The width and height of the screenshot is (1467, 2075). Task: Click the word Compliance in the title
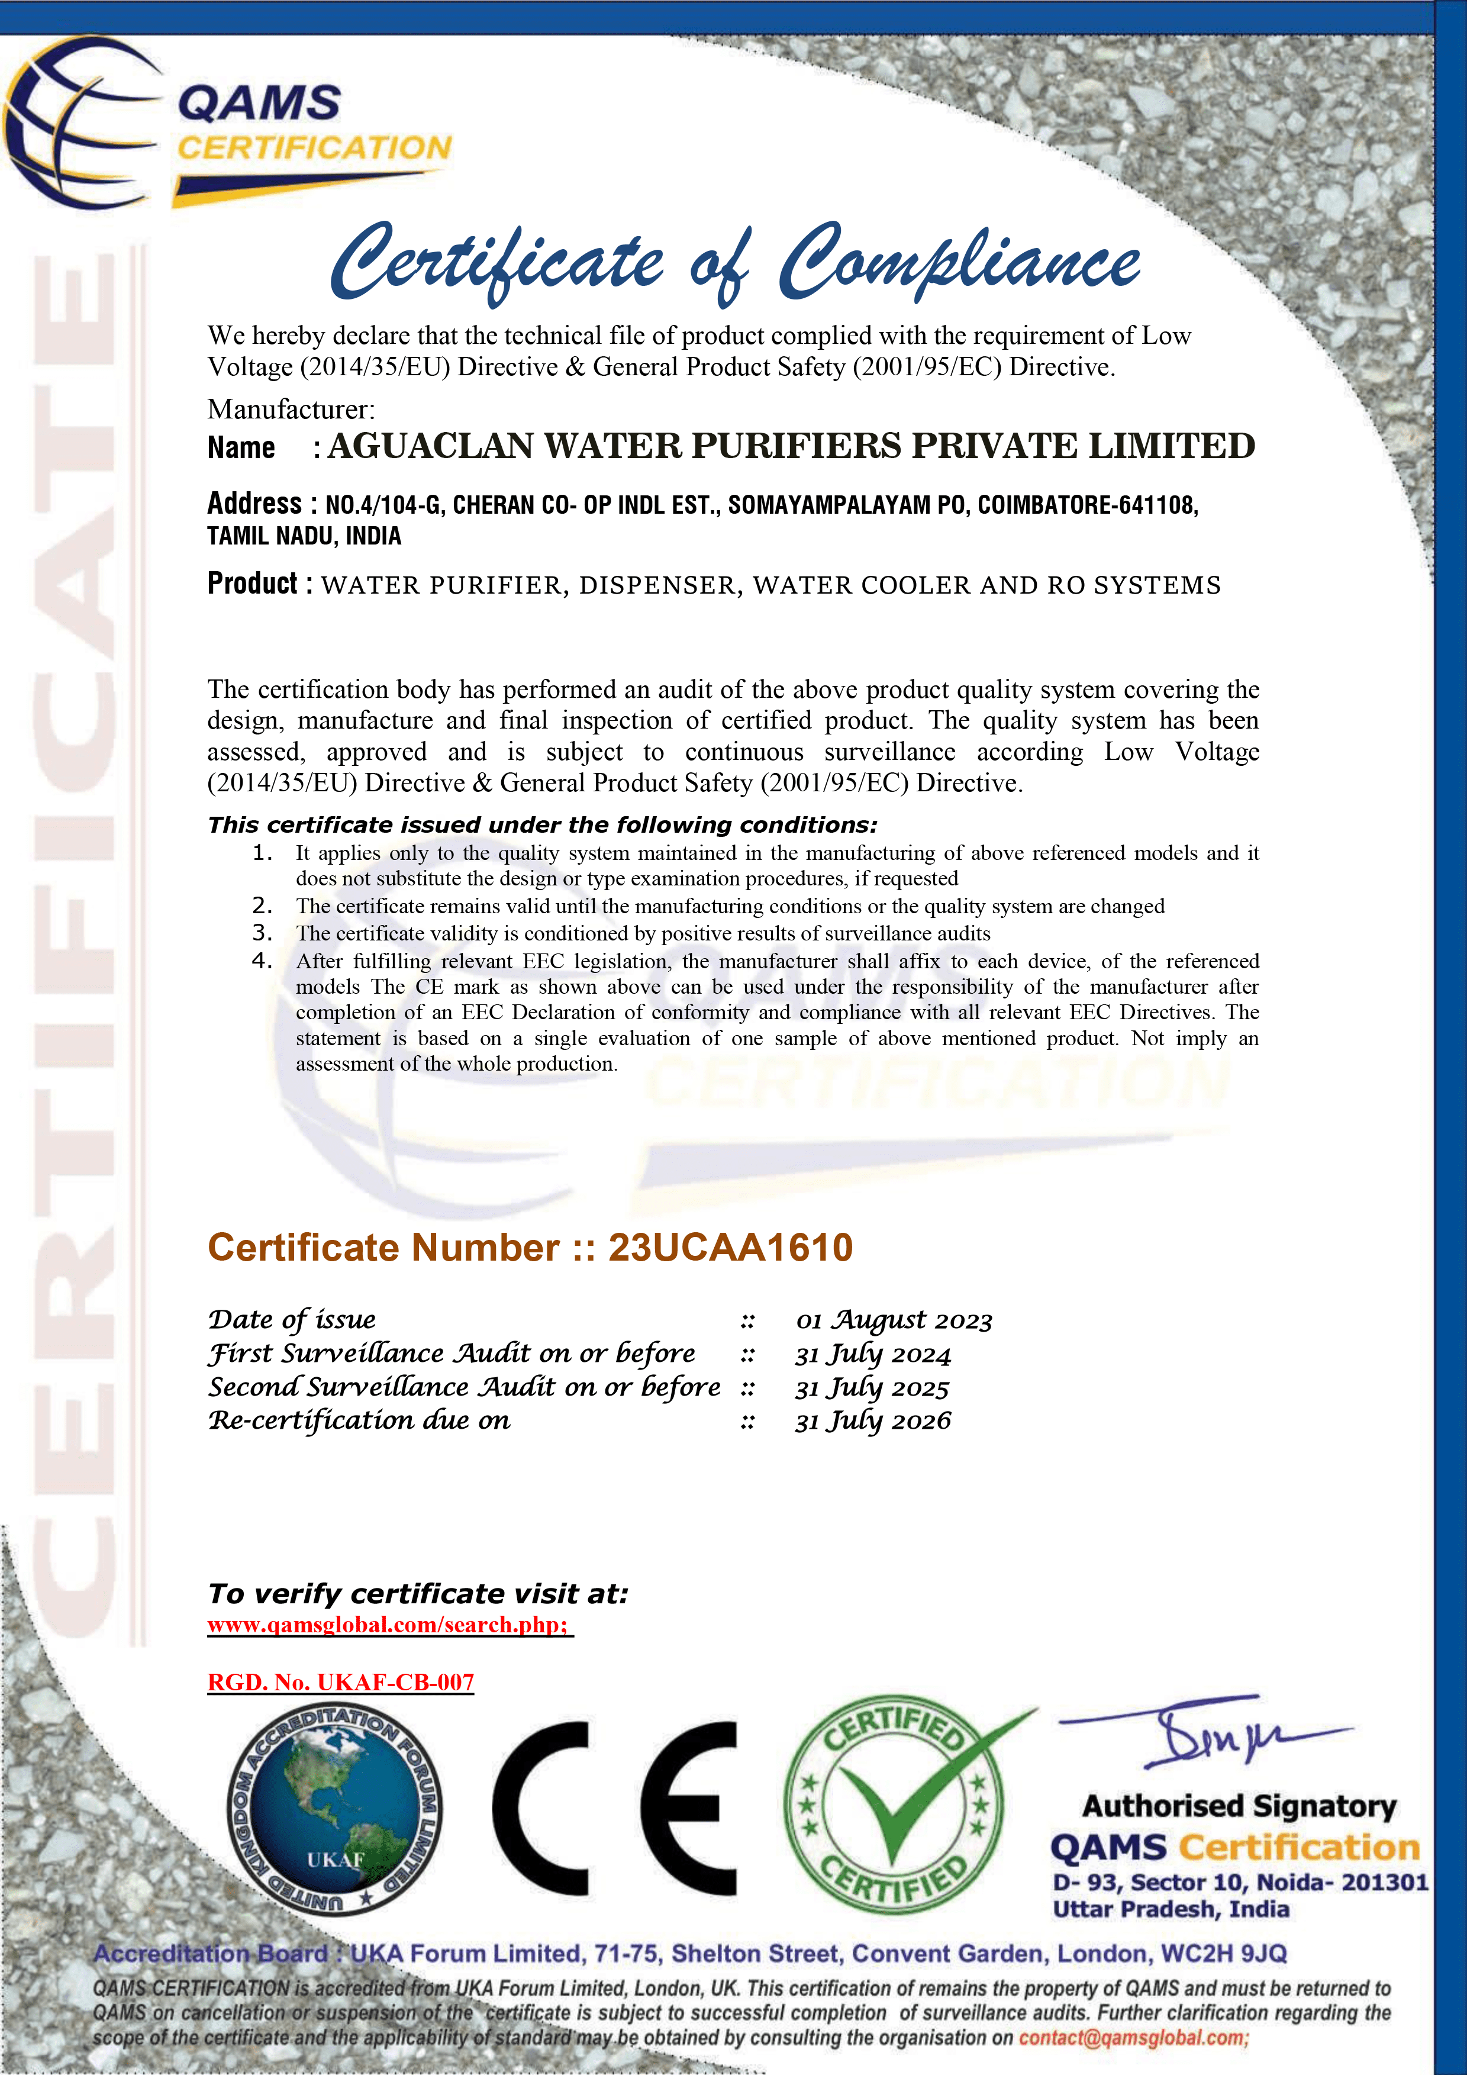pos(959,262)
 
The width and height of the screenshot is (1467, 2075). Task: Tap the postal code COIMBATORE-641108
pos(1087,505)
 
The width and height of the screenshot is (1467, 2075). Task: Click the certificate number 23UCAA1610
pos(730,1247)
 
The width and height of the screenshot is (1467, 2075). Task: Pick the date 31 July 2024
pos(873,1354)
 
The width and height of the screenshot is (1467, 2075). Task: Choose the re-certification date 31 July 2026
pos(873,1420)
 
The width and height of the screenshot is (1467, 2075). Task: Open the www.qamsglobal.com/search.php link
pos(389,1624)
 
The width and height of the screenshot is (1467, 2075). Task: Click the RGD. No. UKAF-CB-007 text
pos(341,1682)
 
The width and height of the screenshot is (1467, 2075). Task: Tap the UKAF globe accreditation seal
pos(334,1810)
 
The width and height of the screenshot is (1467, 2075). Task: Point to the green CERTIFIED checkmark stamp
pos(895,1806)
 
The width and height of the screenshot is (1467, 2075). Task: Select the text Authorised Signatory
pos(1239,1806)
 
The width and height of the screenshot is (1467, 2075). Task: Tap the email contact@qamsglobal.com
pos(1133,2037)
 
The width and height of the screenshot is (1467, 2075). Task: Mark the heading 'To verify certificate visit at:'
pos(418,1593)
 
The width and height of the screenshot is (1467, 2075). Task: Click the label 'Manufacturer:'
pos(291,410)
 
